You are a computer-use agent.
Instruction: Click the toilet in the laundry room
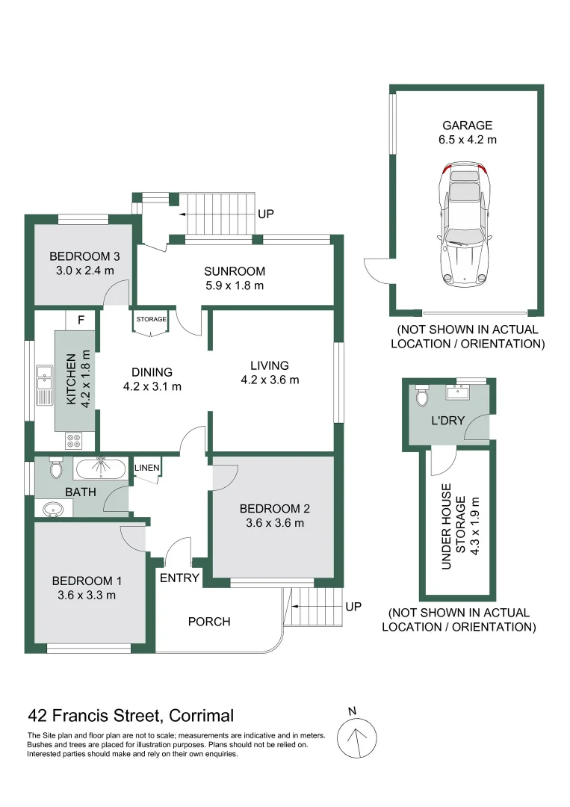421,392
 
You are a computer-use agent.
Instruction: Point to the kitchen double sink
44,379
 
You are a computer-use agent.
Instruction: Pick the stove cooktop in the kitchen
75,440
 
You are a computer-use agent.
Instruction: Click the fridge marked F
80,321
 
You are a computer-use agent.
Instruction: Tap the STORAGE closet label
152,320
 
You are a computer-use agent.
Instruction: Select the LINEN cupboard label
147,468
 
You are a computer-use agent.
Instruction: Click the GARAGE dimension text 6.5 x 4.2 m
468,140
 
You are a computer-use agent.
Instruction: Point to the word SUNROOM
235,271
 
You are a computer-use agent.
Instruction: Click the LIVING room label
270,365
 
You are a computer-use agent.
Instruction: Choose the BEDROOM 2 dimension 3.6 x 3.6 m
274,523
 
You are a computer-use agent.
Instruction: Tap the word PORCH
209,621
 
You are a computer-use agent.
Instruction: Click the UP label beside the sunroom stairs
265,214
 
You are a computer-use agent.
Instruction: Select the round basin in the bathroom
53,510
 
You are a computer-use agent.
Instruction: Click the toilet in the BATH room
56,469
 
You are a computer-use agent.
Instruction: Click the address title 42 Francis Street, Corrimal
131,715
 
